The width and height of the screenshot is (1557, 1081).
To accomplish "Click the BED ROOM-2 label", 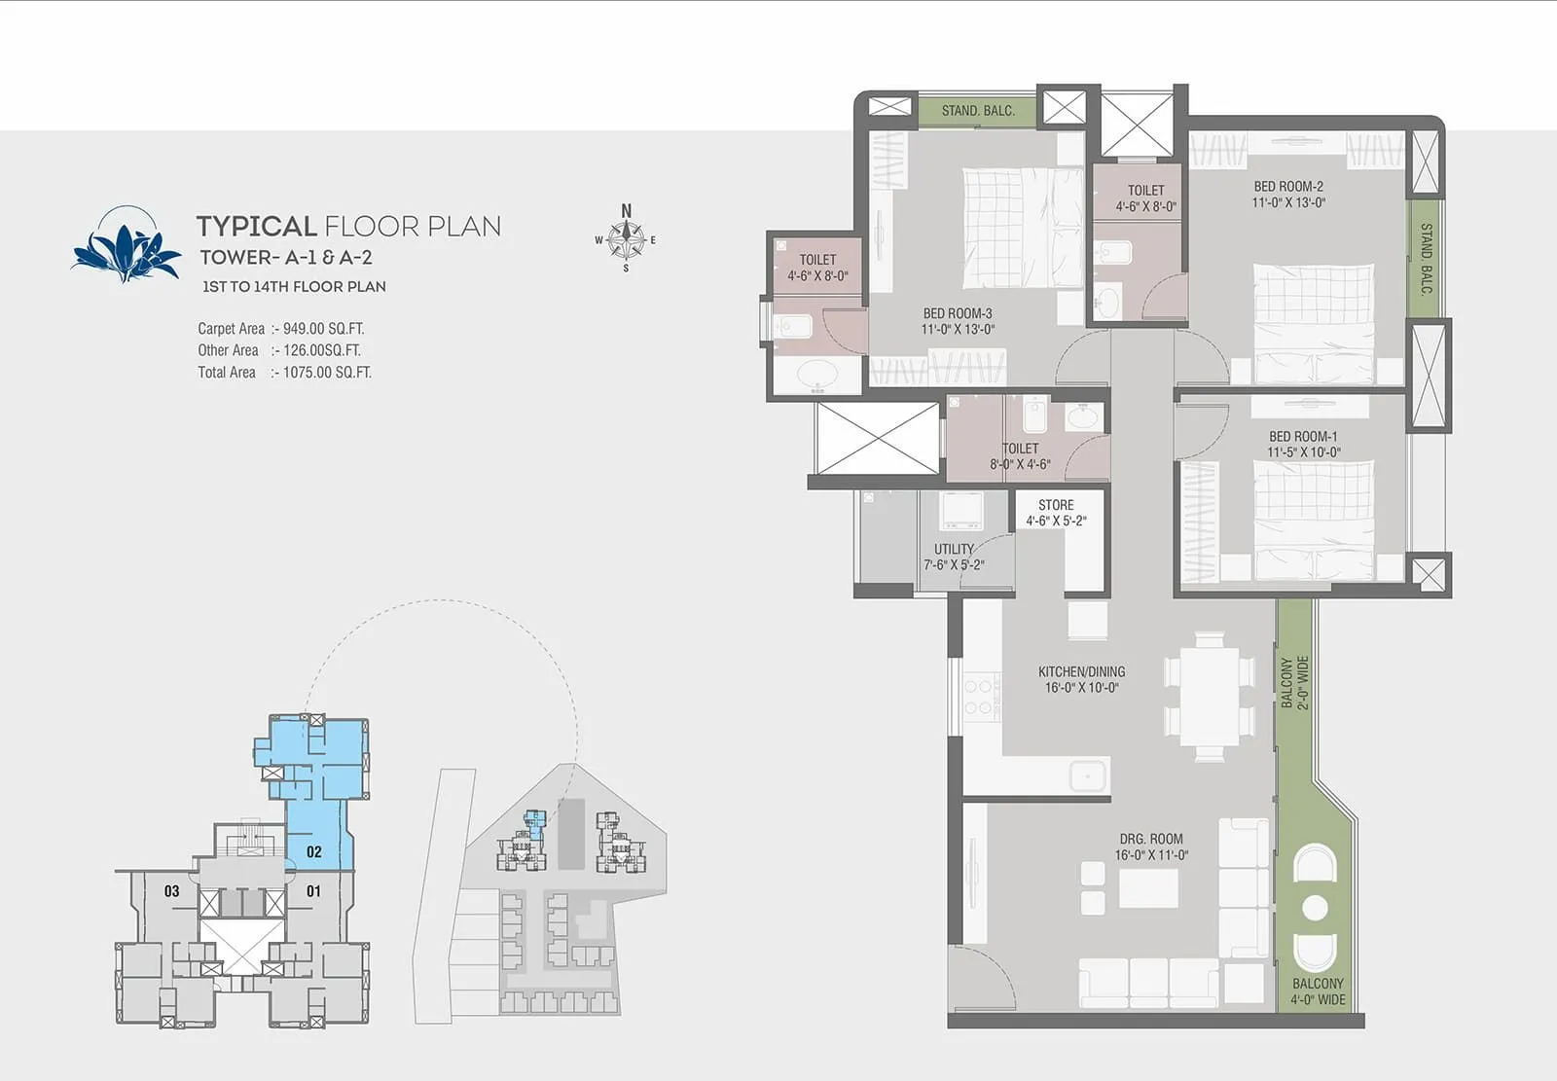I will pos(1287,186).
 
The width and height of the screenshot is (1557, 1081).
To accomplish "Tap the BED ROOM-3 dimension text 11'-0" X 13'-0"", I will pos(958,330).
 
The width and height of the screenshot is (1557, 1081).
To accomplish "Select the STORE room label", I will pos(1056,505).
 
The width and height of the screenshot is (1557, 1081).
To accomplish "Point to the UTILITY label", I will pos(954,549).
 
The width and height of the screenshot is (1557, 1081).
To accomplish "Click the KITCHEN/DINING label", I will pos(1081,671).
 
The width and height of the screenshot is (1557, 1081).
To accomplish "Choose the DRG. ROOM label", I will pos(1151,839).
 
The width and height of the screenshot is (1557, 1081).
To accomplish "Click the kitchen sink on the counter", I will pos(1087,775).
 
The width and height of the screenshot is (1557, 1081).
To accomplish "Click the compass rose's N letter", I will pos(626,211).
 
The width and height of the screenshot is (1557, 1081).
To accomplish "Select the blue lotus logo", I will pos(127,246).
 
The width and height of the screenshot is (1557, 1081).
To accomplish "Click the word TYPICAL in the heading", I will pos(257,227).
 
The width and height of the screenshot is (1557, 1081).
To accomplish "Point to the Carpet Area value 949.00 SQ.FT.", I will pos(323,329).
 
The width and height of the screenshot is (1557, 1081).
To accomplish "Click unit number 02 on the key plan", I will pos(313,851).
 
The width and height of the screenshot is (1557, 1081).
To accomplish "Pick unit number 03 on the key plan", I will pos(171,890).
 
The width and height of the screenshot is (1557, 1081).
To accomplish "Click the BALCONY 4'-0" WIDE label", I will pos(1318,991).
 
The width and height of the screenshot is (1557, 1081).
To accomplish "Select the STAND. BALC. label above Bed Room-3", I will pos(977,111).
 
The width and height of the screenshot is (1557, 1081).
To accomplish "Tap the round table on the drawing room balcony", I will pos(1315,908).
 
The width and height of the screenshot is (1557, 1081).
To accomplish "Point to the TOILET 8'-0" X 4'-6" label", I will pos(1020,456).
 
